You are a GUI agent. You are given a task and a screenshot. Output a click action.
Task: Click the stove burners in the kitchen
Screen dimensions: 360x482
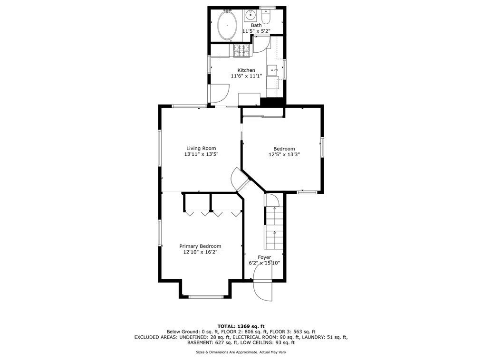coord(241,50)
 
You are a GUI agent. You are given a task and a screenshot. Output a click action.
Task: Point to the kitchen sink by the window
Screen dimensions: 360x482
coord(273,70)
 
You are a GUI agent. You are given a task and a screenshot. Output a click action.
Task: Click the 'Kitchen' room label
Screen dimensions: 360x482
coord(246,70)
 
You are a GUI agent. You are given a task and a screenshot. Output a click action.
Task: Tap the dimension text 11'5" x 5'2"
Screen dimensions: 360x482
coord(256,31)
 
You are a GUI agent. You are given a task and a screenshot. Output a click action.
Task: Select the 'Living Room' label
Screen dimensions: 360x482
coord(201,148)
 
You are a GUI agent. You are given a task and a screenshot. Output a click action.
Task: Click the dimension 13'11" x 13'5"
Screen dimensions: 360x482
coord(201,154)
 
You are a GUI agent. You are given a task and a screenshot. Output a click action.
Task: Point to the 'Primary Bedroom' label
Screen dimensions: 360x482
coord(200,246)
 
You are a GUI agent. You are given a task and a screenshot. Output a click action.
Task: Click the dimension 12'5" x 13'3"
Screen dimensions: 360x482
coord(284,154)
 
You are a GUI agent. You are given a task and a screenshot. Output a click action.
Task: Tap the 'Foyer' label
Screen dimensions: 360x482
coord(264,257)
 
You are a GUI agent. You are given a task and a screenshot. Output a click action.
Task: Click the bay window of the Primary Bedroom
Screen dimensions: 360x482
coord(206,297)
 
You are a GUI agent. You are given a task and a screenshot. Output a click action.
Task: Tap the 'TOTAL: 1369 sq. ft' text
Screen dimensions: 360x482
coord(241,326)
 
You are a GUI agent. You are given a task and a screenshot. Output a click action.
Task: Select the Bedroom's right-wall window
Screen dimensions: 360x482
coord(322,147)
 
